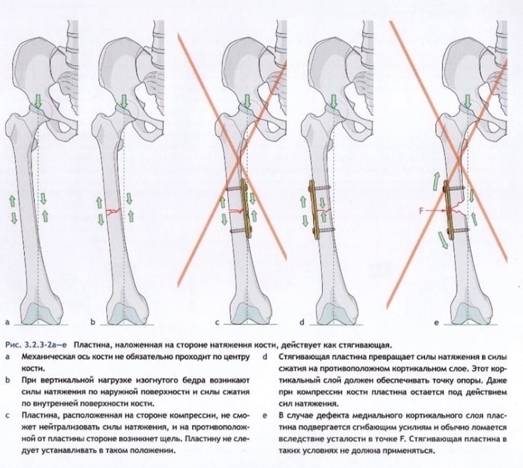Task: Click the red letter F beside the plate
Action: pyautogui.click(x=423, y=210)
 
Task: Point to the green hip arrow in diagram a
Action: pyautogui.click(x=38, y=103)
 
